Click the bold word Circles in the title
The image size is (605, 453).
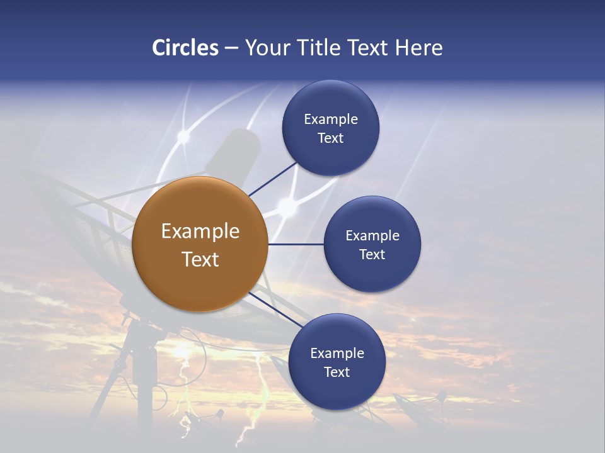185,48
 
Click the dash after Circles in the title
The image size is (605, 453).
231,48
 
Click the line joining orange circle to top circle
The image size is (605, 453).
272,179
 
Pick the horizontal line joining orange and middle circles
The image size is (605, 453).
296,244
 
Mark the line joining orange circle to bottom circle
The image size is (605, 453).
276,310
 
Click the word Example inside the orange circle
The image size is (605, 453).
200,232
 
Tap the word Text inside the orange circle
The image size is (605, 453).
200,259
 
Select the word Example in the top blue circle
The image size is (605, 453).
330,120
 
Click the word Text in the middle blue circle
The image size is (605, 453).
372,255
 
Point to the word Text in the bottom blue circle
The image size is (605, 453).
337,372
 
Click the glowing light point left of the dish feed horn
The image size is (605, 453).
183,135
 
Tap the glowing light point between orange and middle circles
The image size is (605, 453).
287,206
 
